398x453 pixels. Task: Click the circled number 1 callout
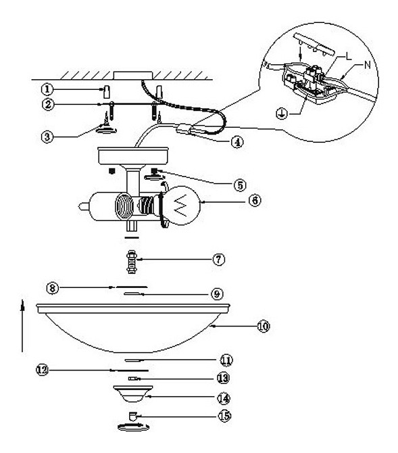pyautogui.click(x=47, y=89)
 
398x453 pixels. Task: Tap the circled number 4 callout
pyautogui.click(x=237, y=142)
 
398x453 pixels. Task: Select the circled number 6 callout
pyautogui.click(x=255, y=200)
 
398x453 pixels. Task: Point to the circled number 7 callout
pyautogui.click(x=219, y=259)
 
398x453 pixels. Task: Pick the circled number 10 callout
pyautogui.click(x=263, y=326)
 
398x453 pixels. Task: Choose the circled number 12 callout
pyautogui.click(x=43, y=370)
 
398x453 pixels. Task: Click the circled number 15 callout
pyautogui.click(x=224, y=416)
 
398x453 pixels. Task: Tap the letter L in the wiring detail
pyautogui.click(x=349, y=56)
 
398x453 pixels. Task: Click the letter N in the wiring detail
pyautogui.click(x=368, y=65)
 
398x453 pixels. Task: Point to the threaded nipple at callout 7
pyautogui.click(x=132, y=262)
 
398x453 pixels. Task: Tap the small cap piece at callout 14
pyautogui.click(x=133, y=394)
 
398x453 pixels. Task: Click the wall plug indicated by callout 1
pyautogui.click(x=106, y=92)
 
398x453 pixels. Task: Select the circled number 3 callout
pyautogui.click(x=47, y=137)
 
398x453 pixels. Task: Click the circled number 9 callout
pyautogui.click(x=217, y=294)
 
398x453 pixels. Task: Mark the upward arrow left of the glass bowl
pyautogui.click(x=22, y=326)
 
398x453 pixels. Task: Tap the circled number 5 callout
pyautogui.click(x=240, y=185)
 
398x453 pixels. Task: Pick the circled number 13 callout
pyautogui.click(x=223, y=378)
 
